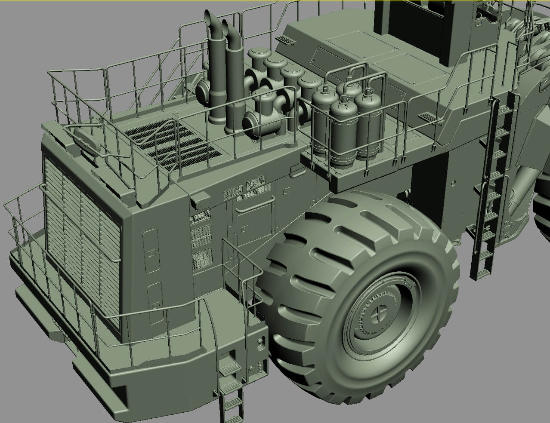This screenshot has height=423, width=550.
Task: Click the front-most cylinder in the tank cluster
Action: coord(343,129)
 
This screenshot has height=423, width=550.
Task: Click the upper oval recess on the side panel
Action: coord(151,251)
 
